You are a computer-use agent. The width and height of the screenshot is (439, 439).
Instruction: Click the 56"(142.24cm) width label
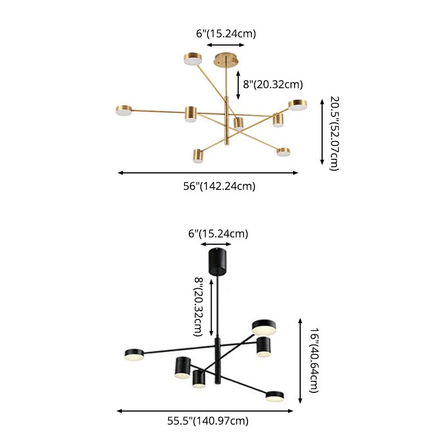219,186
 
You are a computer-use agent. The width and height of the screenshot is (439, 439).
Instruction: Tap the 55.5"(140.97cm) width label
208,421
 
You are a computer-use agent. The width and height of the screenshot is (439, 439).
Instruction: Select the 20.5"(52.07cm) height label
334,133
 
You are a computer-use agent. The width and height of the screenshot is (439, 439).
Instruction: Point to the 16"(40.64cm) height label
313,361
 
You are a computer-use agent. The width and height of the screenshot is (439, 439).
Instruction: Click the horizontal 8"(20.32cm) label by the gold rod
273,85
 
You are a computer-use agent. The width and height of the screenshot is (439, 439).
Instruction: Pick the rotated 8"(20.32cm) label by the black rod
198,307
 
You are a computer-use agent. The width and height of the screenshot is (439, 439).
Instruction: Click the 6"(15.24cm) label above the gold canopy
226,33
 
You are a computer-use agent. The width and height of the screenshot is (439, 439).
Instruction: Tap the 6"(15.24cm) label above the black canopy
218,234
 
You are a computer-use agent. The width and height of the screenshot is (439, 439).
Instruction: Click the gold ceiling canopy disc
226,60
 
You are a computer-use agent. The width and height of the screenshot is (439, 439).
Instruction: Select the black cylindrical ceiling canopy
218,262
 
